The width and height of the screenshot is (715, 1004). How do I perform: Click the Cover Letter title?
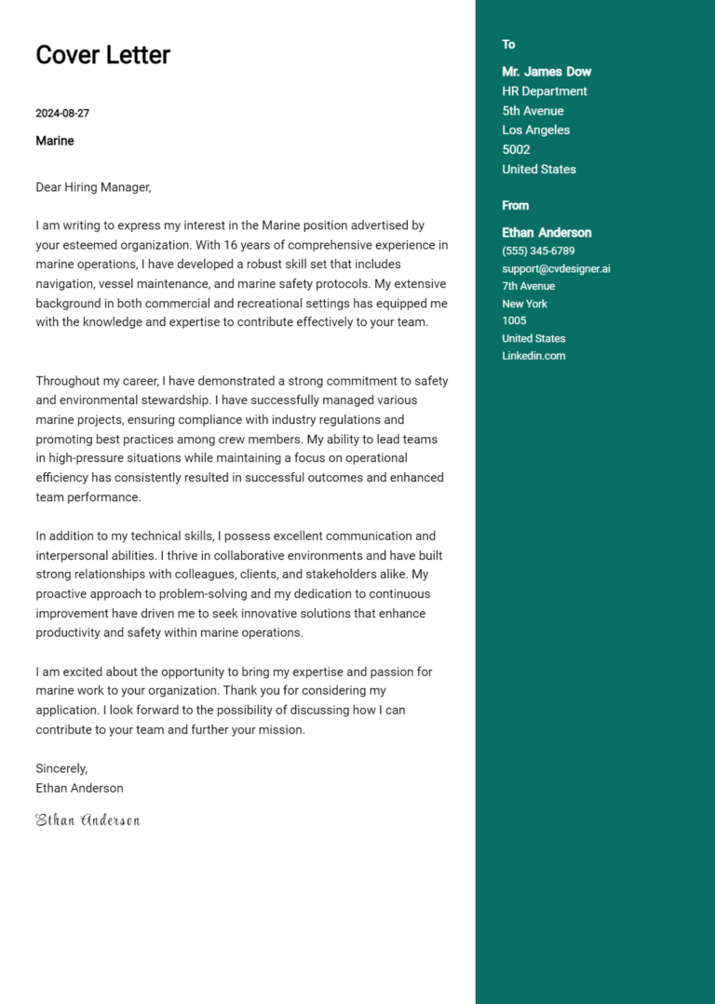pos(102,55)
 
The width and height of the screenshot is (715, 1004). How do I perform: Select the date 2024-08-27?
pos(62,114)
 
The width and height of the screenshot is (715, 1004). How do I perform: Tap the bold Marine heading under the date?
pos(55,141)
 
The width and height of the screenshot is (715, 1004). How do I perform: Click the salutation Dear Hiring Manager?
pos(93,187)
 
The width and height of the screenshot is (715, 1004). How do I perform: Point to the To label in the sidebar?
pos(508,45)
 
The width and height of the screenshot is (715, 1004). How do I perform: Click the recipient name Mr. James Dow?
pos(546,72)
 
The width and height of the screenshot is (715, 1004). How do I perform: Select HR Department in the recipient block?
pos(545,91)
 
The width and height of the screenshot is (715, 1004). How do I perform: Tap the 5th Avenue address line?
pos(533,111)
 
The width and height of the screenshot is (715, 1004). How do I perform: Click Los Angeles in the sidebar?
pos(535,130)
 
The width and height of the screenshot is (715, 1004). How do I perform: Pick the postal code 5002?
pos(516,150)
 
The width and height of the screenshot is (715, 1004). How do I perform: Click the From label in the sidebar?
pos(515,206)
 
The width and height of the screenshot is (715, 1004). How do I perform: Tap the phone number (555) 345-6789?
pos(538,251)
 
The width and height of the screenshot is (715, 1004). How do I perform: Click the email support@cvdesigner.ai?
pos(556,268)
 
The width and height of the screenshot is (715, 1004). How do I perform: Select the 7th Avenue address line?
pos(528,286)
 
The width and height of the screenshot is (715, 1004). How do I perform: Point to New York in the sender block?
pos(524,304)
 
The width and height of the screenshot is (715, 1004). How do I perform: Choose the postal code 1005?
pos(514,320)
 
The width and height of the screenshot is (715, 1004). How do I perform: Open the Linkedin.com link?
pos(533,356)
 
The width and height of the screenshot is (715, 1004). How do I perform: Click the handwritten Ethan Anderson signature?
pos(88,821)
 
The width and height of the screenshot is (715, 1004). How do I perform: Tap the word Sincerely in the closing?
pos(61,768)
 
